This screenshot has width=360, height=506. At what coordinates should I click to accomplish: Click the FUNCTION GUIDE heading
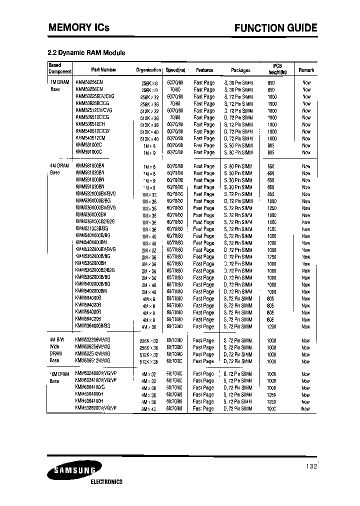275,28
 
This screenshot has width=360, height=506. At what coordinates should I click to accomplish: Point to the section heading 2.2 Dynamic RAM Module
85,53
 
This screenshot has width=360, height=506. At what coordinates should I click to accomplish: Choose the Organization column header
148,70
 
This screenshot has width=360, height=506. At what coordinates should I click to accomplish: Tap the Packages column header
240,70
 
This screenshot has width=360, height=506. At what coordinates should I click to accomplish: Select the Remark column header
306,70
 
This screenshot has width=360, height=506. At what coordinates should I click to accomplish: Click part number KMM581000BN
90,166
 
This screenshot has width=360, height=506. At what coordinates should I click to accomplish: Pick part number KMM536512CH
90,124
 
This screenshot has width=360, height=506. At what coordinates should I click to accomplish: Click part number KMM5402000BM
91,291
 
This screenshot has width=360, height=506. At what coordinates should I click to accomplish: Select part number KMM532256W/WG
92,339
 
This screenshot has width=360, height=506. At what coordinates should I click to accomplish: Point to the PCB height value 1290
271,326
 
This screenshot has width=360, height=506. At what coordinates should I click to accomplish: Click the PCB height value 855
271,194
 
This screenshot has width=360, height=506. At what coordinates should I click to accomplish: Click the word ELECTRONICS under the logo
106,482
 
